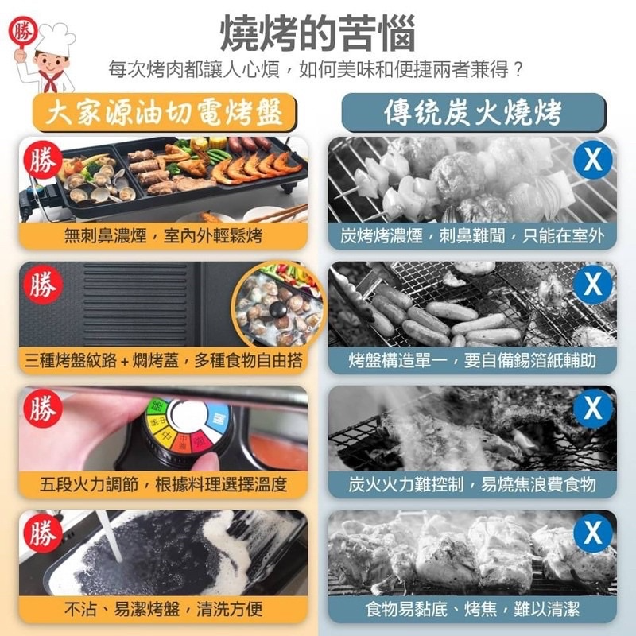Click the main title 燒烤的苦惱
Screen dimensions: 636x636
[317, 33]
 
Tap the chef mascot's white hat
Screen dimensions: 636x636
[55, 38]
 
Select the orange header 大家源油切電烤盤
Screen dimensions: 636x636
[165, 111]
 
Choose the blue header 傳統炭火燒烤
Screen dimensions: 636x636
[473, 112]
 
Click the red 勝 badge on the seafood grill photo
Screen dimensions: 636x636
[43, 161]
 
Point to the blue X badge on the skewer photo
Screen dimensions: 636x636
[592, 161]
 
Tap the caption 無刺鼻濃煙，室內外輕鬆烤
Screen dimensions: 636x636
[164, 235]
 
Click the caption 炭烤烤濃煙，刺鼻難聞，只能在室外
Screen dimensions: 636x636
[472, 235]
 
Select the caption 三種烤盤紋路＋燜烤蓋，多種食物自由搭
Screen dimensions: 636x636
[164, 360]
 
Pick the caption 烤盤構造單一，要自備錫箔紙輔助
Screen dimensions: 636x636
[472, 360]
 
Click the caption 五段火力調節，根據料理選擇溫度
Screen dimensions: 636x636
[164, 484]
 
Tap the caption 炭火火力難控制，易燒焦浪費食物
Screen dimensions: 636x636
[472, 484]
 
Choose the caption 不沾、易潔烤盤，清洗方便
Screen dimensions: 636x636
[164, 609]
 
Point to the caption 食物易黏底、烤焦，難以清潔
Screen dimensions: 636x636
[472, 609]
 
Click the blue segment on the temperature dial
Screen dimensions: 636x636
[219, 419]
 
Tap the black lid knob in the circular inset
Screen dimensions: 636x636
[278, 311]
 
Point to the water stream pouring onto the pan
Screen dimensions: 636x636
[111, 535]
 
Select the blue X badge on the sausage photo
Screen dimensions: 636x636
[592, 285]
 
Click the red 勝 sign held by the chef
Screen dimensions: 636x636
[23, 33]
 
